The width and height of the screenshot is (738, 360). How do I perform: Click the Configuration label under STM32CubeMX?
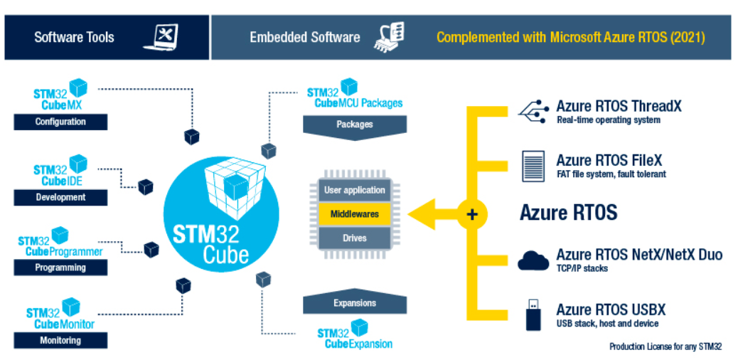pos(60,122)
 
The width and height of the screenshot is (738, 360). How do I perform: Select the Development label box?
pos(60,197)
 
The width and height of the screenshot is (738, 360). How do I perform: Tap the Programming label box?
pos(60,268)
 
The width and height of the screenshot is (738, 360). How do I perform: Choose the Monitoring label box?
pos(60,340)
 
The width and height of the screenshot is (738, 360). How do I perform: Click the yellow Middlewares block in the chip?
pos(355,213)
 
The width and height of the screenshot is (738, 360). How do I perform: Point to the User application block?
pos(355,190)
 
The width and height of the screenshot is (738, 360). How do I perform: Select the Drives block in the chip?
pos(355,237)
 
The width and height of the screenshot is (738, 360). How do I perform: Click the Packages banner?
pos(355,125)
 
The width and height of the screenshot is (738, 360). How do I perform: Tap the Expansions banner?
pos(355,303)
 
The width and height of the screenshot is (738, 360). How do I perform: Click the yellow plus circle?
pos(471,213)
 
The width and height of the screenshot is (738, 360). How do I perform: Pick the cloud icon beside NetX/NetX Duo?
pos(533,260)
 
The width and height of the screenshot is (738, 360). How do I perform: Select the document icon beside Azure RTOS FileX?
pos(533,166)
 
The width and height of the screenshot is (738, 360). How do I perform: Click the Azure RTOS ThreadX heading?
pos(619,106)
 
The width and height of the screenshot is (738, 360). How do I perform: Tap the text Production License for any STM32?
pos(665,346)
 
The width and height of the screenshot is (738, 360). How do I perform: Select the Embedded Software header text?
pos(304,37)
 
